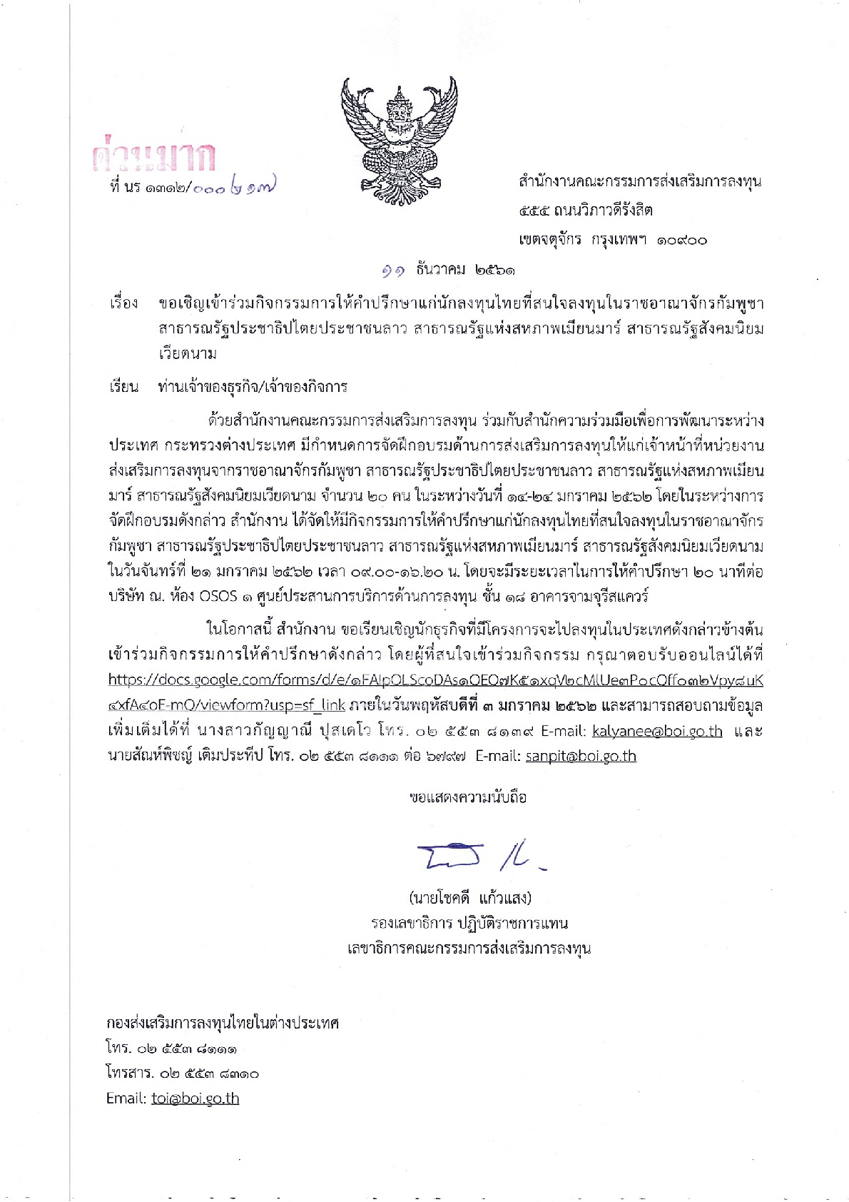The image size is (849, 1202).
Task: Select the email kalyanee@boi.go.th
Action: point(657,731)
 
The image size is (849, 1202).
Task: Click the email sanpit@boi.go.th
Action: point(581,756)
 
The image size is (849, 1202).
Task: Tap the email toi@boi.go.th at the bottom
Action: point(195,1098)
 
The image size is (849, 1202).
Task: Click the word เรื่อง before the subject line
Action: point(123,303)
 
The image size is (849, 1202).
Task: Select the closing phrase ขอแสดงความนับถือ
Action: point(468,797)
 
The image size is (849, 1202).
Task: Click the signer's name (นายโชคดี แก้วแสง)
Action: point(469,897)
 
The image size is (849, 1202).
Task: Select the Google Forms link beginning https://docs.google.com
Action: point(435,681)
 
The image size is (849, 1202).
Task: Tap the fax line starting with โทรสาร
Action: point(182,1074)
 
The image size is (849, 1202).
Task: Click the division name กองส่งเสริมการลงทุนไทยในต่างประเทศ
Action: point(222,1023)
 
